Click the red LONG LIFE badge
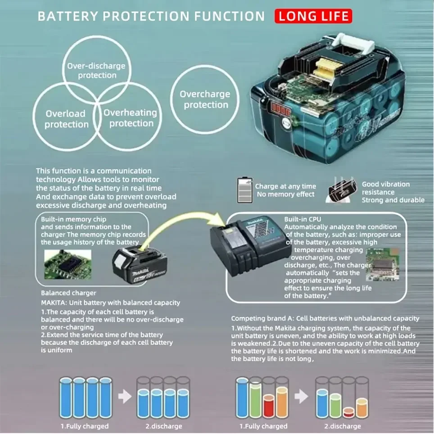(x=313, y=17)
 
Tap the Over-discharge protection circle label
(x=96, y=70)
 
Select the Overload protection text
(x=66, y=119)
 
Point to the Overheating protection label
(x=130, y=118)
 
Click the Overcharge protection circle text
(x=205, y=99)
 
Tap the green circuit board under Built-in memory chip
(x=68, y=264)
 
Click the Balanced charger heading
(x=68, y=293)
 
